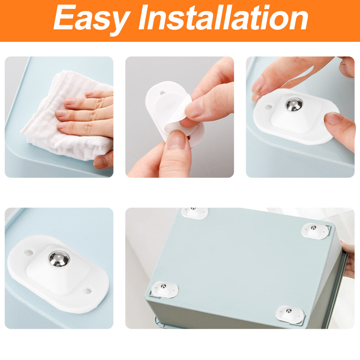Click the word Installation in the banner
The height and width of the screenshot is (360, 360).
click(223, 17)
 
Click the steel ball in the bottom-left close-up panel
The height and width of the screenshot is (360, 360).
click(59, 259)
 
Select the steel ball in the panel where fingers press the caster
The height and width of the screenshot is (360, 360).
click(294, 104)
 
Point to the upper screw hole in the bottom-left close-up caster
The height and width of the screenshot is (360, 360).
click(29, 253)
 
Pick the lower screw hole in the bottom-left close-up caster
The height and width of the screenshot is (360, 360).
click(88, 292)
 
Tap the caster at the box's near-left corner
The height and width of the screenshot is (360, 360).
click(165, 289)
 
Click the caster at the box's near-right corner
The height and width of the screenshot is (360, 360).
click(290, 314)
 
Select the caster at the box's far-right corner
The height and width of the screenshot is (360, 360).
click(315, 231)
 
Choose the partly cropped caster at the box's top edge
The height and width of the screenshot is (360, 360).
click(195, 213)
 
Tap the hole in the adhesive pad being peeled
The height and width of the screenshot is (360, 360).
click(163, 93)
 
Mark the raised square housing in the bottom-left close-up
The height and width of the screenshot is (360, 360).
click(57, 270)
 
